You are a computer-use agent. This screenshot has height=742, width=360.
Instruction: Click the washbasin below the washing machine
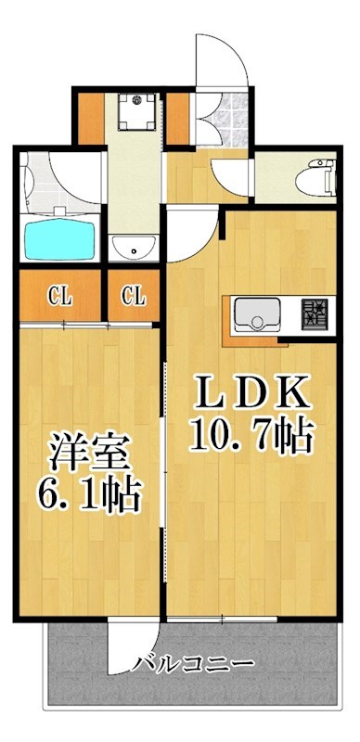click(x=135, y=248)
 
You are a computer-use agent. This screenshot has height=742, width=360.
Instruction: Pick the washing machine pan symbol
click(x=135, y=110)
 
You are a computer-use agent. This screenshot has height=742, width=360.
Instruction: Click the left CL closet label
click(x=59, y=297)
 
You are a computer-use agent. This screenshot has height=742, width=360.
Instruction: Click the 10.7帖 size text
click(x=251, y=433)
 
